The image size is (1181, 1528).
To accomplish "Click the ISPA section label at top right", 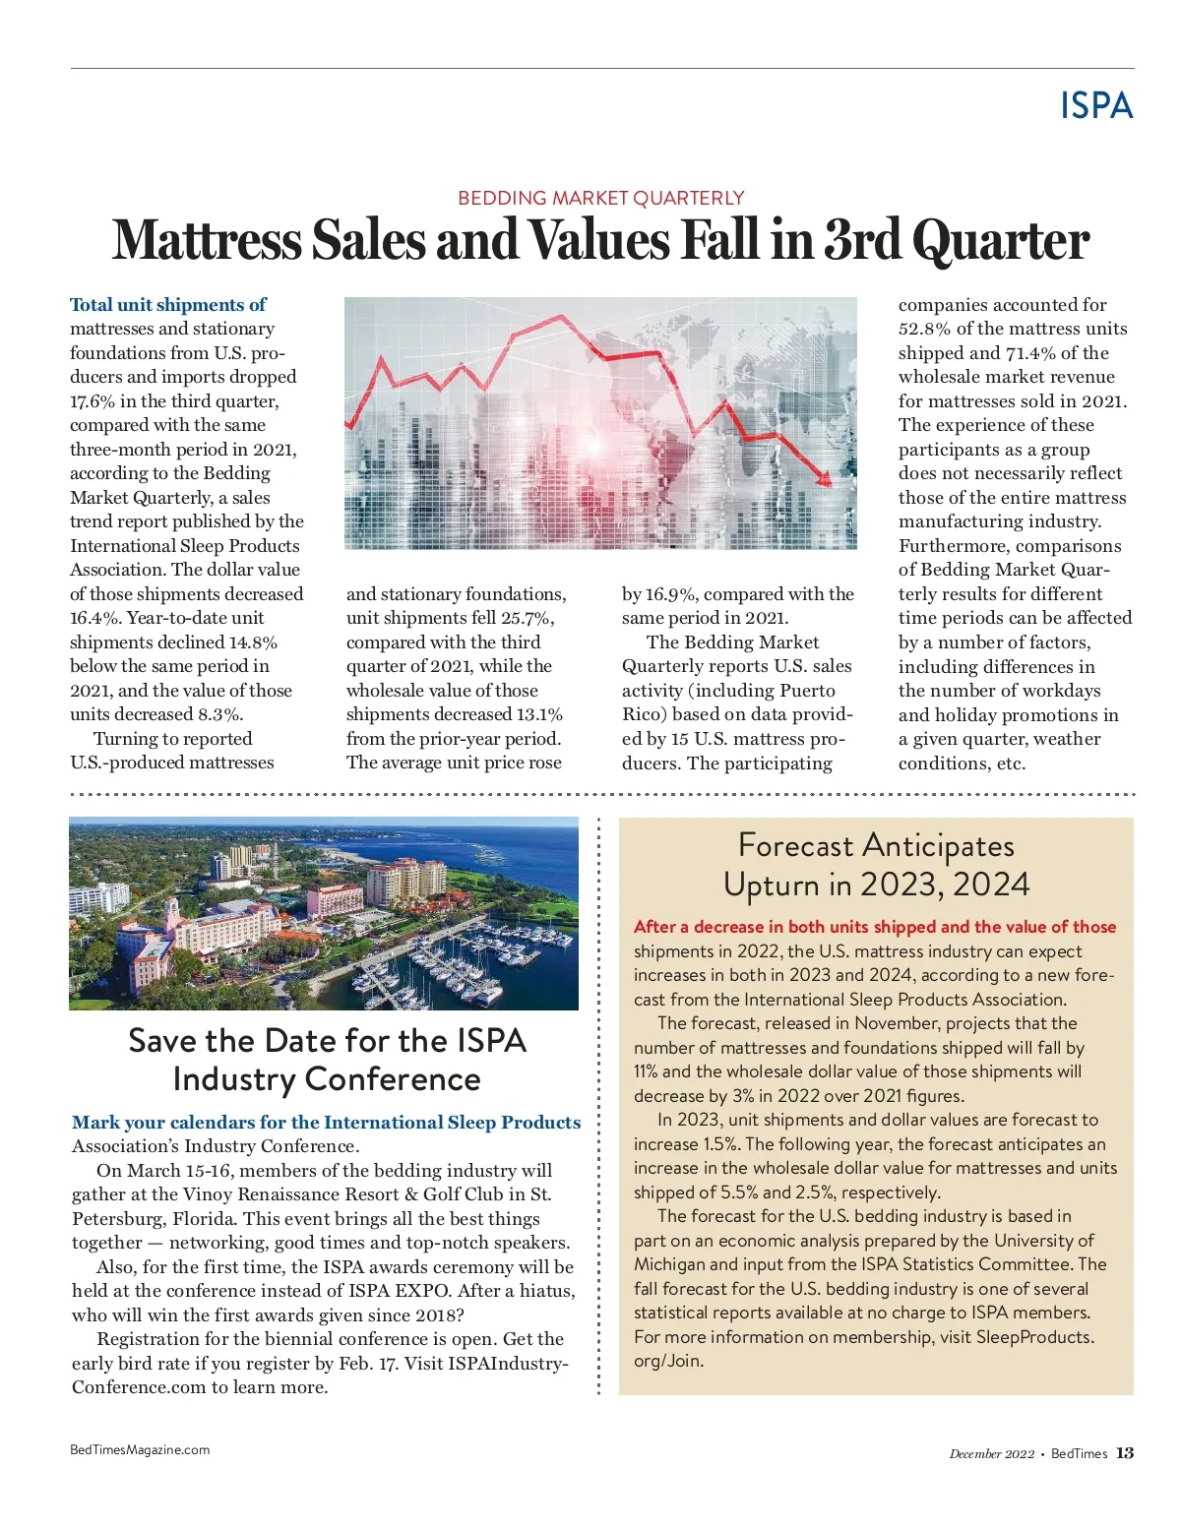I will [x=1096, y=105].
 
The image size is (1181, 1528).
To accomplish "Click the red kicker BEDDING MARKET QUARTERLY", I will [x=600, y=198].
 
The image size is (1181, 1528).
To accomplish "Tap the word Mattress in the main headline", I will [x=207, y=241].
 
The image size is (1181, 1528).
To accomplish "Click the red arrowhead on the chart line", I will [x=826, y=479].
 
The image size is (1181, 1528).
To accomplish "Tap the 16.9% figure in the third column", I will [x=671, y=594].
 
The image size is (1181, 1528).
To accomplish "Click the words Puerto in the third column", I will [x=805, y=691].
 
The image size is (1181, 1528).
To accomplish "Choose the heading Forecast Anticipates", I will [x=876, y=845].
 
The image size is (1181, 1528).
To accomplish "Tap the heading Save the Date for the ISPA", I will [x=327, y=1041].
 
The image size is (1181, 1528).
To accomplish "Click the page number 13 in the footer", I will [x=1125, y=1453].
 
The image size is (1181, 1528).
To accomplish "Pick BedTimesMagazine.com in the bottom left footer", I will [x=140, y=1449].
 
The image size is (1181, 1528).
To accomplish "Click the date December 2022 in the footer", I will [x=991, y=1454].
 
